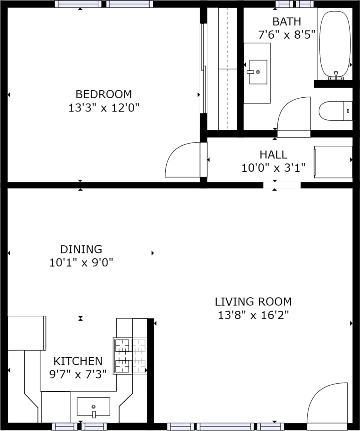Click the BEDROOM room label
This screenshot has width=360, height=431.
104,94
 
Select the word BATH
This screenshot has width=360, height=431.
287,21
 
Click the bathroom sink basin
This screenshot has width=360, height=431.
258,72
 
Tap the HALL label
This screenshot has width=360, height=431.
273,154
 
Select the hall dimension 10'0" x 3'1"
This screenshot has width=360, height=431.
273,168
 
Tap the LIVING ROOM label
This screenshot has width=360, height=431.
253,302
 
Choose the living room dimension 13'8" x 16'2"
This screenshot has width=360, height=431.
253,315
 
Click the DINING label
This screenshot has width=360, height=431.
81,249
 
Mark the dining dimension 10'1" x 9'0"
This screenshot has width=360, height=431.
81,263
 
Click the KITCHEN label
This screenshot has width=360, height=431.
78,361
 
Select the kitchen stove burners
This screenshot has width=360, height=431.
130,356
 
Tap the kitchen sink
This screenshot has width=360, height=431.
93,407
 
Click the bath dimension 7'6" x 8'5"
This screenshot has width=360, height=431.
287,35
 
